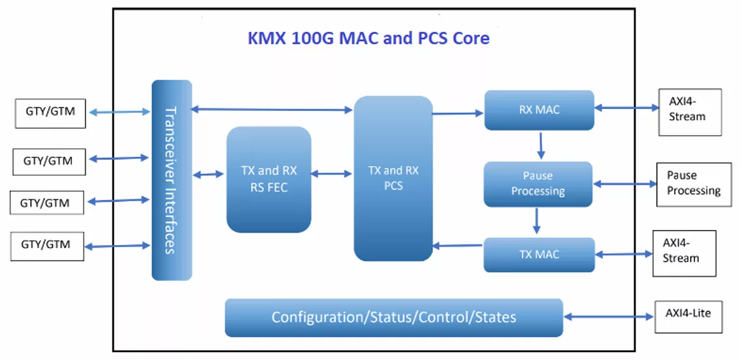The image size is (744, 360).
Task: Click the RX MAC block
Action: [x=539, y=110]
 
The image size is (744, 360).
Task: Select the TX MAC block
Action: [x=539, y=255]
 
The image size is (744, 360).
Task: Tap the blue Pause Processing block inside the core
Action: [x=538, y=184]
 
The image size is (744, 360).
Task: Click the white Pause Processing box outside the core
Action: [x=694, y=184]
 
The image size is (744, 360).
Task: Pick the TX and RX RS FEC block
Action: [x=268, y=179]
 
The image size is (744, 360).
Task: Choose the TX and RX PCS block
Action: [x=393, y=178]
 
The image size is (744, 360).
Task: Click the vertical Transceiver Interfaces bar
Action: [x=172, y=180]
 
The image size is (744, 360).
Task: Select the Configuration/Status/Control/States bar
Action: [x=394, y=318]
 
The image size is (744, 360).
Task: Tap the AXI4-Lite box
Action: [x=688, y=316]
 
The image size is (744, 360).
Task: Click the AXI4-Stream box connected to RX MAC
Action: [x=690, y=112]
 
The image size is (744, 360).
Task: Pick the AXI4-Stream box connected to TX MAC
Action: [x=684, y=254]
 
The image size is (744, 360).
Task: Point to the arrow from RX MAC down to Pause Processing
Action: [x=540, y=146]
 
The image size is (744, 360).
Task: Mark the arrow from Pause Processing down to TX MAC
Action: [x=537, y=221]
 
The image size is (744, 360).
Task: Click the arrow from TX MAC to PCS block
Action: [x=458, y=246]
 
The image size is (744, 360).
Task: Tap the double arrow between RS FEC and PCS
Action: [x=331, y=174]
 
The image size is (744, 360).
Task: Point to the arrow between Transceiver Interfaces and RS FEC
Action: [x=208, y=175]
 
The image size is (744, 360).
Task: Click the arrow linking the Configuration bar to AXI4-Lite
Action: [x=609, y=317]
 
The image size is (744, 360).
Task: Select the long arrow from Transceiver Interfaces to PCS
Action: [x=272, y=110]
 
